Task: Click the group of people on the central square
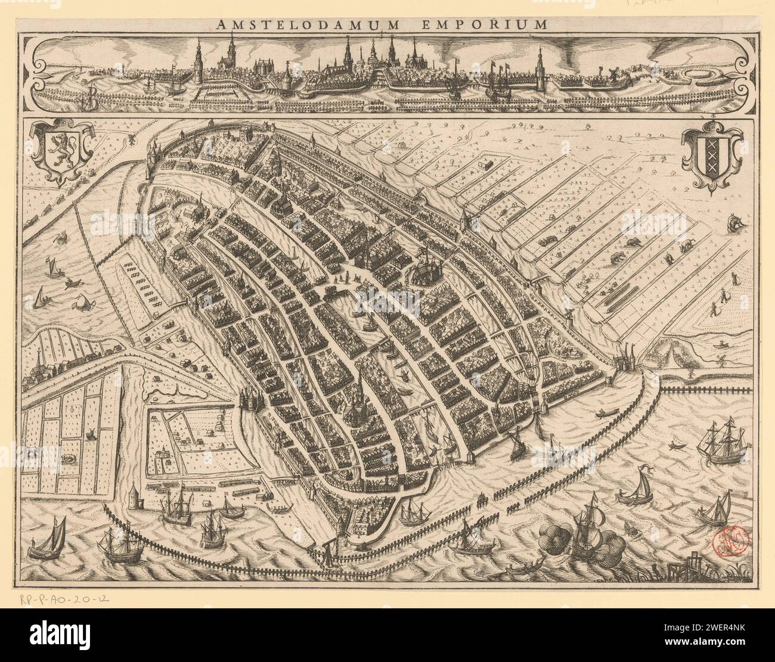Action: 342,279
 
